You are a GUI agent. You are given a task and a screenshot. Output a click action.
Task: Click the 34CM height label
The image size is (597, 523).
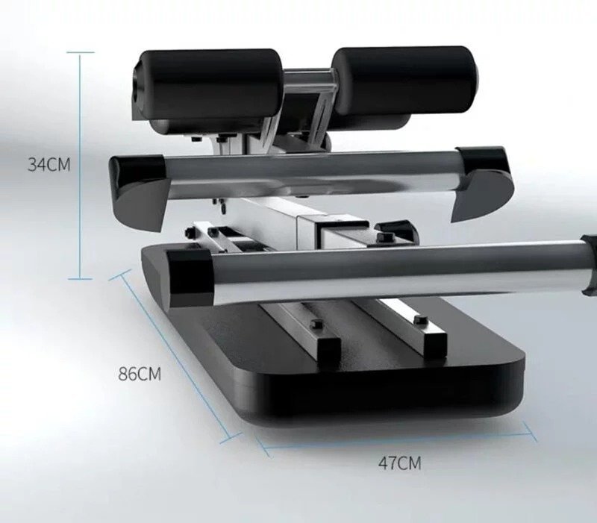point(49,165)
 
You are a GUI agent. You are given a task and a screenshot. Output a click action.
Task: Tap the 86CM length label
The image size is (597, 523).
point(140,374)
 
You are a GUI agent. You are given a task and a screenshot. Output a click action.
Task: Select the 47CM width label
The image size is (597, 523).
point(400,463)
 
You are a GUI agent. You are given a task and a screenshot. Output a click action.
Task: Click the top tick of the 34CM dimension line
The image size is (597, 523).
point(81,52)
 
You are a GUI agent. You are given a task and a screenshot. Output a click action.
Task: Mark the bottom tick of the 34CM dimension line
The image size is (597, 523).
point(81,279)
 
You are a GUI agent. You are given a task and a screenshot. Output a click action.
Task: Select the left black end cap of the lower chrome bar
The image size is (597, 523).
point(190,278)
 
